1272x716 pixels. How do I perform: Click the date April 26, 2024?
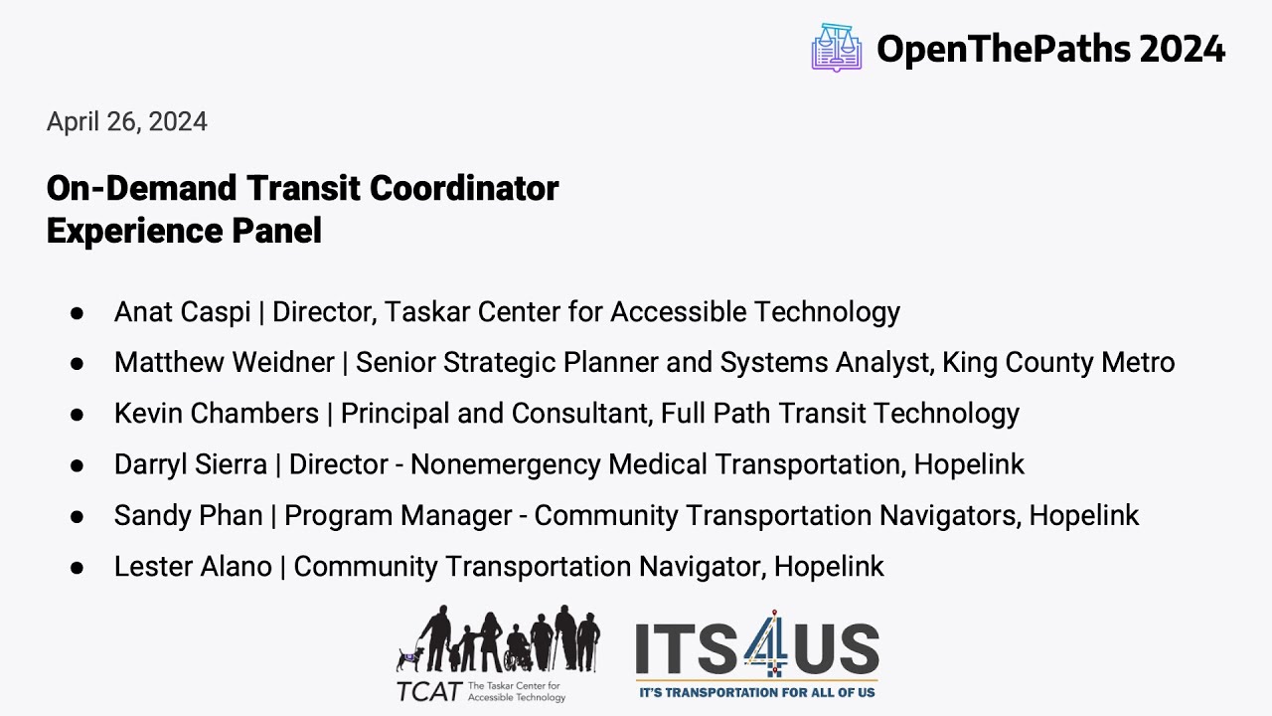pos(127,122)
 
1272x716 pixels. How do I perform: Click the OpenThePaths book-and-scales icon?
pos(836,48)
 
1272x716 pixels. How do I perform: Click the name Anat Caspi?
pos(182,312)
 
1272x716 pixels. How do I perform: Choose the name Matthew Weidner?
pos(224,363)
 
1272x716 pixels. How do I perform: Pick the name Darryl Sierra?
pos(191,464)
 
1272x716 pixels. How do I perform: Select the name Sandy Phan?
pos(189,515)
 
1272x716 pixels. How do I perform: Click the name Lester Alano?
pos(193,567)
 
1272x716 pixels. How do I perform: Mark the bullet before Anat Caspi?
pos(77,312)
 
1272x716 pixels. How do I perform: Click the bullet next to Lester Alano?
pos(77,567)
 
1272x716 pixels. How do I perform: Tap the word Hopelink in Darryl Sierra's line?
pos(969,464)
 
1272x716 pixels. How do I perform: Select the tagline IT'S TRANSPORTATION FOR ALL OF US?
pos(757,691)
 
